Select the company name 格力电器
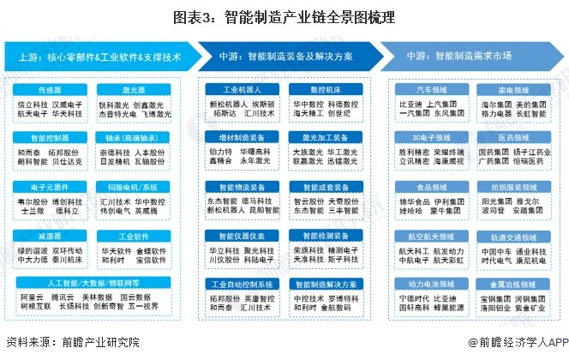(495, 111)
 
